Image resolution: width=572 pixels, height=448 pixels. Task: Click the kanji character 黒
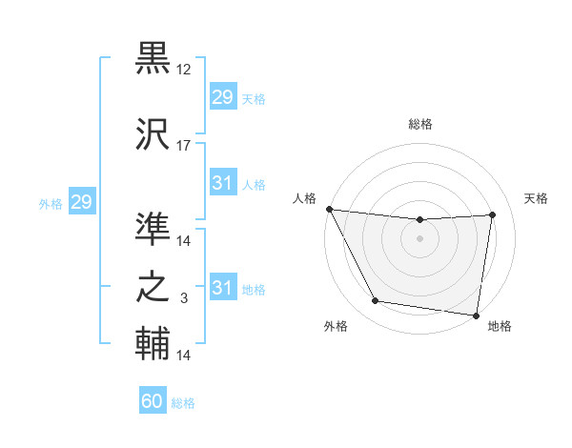(153, 59)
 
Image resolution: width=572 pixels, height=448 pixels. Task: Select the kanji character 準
(153, 229)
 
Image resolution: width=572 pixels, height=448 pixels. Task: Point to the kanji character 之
(153, 286)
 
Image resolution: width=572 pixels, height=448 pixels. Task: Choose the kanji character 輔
(153, 343)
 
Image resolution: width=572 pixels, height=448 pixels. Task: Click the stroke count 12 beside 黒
(184, 70)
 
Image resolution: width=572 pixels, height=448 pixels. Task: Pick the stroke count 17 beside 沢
(184, 146)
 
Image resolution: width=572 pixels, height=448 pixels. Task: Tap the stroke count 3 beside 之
(184, 298)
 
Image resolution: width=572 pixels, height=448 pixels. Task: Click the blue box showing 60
(153, 402)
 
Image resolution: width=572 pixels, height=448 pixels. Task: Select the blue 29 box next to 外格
(81, 202)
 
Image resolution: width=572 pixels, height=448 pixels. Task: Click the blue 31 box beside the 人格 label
(222, 183)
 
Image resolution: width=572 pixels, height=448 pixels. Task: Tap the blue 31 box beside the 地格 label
(222, 288)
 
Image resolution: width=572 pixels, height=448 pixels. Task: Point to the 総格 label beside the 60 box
(183, 403)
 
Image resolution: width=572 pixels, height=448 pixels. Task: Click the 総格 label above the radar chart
(419, 124)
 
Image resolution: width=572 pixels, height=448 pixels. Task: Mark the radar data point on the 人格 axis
(329, 209)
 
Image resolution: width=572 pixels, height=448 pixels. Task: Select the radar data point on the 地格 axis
(477, 315)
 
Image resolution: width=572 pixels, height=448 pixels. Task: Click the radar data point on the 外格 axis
(375, 302)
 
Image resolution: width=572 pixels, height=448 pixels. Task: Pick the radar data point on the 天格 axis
(493, 214)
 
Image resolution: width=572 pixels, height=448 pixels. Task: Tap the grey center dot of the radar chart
(419, 238)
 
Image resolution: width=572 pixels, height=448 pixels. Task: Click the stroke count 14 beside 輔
(184, 356)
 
